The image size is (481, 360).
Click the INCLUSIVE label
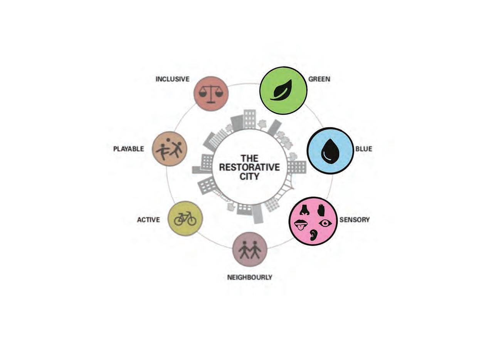click(172, 79)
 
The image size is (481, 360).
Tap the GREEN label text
click(319, 79)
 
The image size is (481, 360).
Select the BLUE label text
click(363, 149)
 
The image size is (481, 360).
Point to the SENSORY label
click(354, 220)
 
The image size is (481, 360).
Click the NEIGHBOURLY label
click(250, 277)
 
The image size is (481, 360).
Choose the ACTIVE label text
click(148, 220)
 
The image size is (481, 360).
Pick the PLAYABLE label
click(128, 149)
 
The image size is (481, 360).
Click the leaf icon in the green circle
click(282, 90)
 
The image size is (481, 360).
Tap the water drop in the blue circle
click(330, 151)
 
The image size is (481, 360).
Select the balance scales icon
click(211, 94)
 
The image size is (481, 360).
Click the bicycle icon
click(185, 219)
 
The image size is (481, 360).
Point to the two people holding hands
click(250, 250)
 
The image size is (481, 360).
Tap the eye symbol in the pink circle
click(325, 223)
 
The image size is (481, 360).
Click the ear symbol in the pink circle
click(314, 235)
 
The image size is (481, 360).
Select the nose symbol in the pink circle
click(304, 210)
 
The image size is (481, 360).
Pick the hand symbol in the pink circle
click(321, 210)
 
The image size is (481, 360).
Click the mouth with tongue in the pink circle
click(301, 225)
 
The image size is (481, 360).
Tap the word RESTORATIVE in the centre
click(249, 167)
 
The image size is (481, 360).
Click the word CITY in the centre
click(249, 177)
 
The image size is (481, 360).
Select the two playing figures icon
click(169, 149)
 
